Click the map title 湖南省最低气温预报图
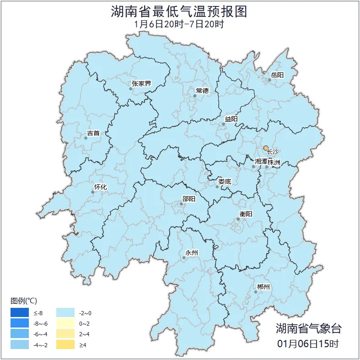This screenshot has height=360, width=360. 179,11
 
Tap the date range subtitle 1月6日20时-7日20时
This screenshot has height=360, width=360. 179,24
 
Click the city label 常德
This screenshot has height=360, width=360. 202,91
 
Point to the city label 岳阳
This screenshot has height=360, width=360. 277,75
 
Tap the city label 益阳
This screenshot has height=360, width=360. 231,119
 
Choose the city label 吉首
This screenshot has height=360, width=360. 93,133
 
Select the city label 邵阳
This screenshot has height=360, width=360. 188,199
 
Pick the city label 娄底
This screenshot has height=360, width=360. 225,182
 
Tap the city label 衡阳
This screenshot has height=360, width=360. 246,214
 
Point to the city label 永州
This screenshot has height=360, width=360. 191,253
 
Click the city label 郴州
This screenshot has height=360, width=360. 263,287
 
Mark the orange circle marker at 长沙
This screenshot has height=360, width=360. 266,148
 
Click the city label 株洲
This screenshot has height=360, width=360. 274,162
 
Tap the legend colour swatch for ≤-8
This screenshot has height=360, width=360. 20,313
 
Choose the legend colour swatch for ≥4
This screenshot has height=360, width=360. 65,344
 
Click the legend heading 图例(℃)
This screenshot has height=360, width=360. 23,301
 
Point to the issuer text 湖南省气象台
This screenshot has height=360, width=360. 308,328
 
